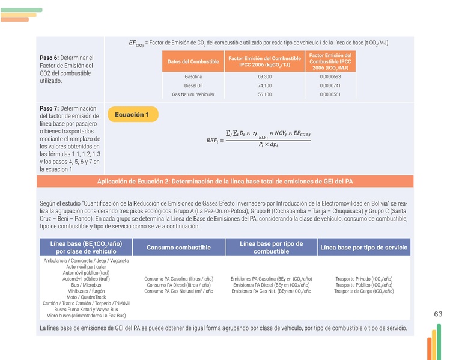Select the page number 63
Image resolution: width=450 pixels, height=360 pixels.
pos(437,314)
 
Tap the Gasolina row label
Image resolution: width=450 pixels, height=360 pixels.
pos(193,77)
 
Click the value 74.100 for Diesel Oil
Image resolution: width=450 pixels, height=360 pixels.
pos(264,85)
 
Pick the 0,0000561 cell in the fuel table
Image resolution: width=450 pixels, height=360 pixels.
pos(330,94)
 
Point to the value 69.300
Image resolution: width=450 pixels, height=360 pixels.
pos(264,77)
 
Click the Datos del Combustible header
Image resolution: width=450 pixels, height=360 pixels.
pos(193,61)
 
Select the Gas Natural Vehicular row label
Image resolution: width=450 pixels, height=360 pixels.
pos(193,94)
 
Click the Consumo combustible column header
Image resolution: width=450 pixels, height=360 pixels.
pos(178,248)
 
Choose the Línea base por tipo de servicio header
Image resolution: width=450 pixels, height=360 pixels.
pos(364,248)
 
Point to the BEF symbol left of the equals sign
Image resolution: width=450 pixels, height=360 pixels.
pos(210,141)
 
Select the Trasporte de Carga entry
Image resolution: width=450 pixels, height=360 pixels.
pos(364,291)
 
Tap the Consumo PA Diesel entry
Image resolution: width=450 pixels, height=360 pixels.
pos(178,285)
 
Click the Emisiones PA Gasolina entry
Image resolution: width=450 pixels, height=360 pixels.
pos(271,279)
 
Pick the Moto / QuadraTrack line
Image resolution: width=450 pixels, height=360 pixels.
pos(86,297)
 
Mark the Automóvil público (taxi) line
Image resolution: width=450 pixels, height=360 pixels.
pos(86,273)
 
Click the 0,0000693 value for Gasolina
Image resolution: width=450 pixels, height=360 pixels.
pos(330,77)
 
